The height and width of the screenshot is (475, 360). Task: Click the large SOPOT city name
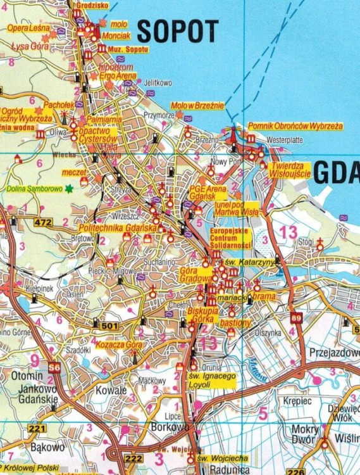tap(178, 30)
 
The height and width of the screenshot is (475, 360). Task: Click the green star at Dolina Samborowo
tap(69, 188)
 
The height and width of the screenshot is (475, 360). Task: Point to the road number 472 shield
tap(43, 222)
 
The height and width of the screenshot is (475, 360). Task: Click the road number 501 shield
tap(109, 326)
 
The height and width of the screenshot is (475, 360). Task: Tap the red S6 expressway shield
tap(54, 367)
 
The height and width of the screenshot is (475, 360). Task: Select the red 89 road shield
tap(297, 317)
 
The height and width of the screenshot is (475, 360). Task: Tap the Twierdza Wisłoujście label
tap(289, 170)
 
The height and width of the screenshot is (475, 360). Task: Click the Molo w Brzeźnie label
tap(197, 106)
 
